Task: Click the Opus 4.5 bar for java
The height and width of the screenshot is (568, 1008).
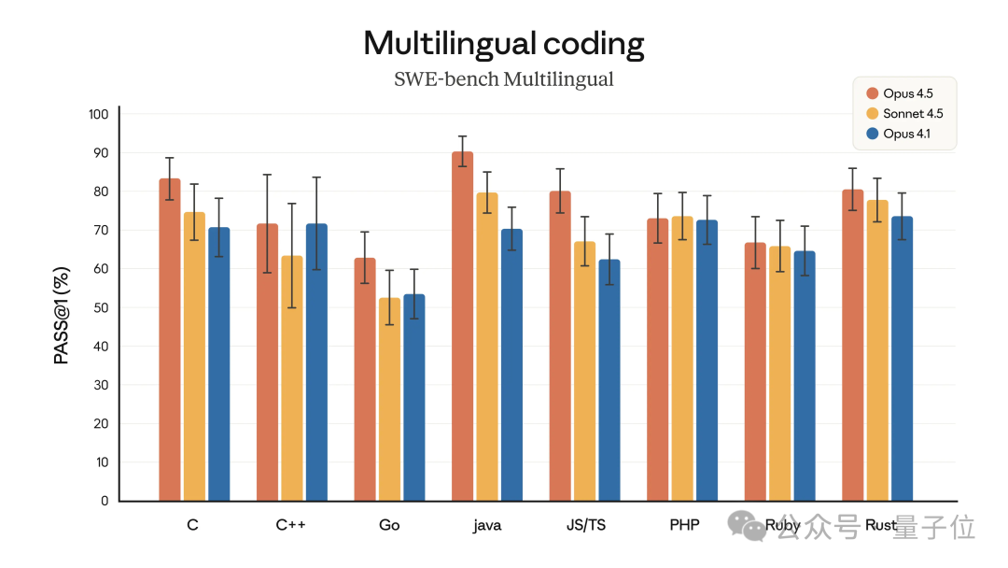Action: click(462, 327)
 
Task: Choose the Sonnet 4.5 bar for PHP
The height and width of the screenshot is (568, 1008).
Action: click(682, 359)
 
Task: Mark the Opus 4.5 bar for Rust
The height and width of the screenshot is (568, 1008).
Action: click(852, 346)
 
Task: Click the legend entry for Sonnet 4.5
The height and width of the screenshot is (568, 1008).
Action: click(913, 114)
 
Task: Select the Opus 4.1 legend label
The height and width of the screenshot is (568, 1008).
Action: click(906, 134)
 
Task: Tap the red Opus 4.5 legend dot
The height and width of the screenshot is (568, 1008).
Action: click(873, 93)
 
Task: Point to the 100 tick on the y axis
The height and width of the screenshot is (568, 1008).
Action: click(98, 114)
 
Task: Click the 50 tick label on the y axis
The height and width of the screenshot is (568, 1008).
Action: click(101, 307)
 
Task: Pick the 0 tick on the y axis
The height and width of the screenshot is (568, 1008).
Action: click(105, 501)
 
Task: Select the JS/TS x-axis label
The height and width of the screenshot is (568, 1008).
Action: click(585, 525)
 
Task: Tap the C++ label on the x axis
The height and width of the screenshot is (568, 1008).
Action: click(290, 525)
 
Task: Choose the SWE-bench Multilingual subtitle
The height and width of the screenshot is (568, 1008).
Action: click(504, 79)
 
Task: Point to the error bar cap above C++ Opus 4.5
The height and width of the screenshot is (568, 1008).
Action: click(267, 175)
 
